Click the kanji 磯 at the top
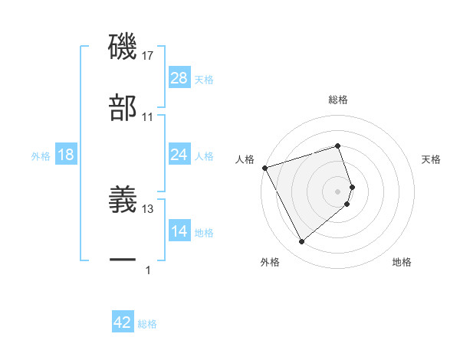(123, 47)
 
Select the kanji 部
(123, 108)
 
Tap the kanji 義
(123, 200)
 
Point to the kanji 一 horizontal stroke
(123, 261)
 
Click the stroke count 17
(148, 56)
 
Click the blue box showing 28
(179, 78)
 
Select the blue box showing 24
(179, 155)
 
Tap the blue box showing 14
(179, 231)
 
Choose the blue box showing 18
(66, 155)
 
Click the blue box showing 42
(123, 322)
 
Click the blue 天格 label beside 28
(204, 79)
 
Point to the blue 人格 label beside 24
(204, 155)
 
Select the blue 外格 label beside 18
(41, 155)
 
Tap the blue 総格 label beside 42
(147, 324)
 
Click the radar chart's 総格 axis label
(338, 100)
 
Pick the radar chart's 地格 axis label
(402, 262)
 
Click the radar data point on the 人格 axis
(264, 167)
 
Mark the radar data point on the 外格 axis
(301, 241)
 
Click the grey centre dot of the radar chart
(338, 190)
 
